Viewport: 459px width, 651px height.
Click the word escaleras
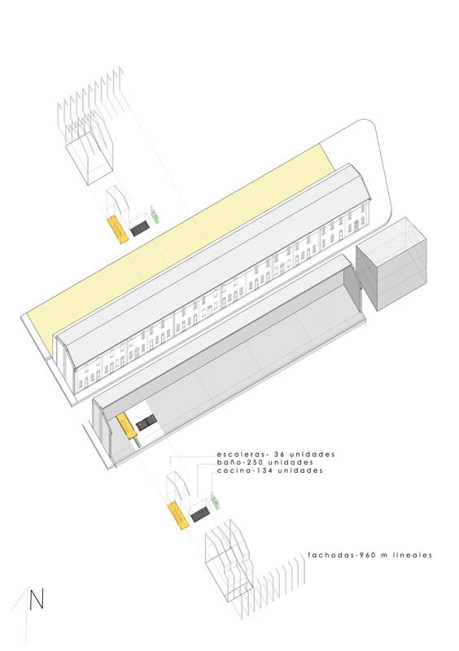coord(238,454)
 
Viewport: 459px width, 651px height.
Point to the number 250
coord(246,462)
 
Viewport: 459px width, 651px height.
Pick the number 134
coord(251,471)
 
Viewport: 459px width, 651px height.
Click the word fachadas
coord(326,555)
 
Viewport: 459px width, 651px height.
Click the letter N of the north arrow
coord(37,599)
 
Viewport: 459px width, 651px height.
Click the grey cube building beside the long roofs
coord(391,263)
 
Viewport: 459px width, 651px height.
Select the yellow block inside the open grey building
coord(126,426)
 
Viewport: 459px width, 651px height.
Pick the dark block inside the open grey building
coord(146,422)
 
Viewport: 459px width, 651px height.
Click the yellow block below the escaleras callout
coord(178,516)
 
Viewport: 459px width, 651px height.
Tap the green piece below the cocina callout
coord(215,500)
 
